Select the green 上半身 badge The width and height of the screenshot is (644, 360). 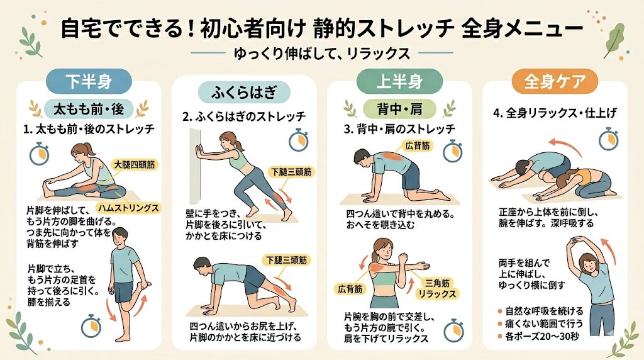pyautogui.click(x=391, y=81)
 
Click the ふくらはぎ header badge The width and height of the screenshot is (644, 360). pyautogui.click(x=244, y=93)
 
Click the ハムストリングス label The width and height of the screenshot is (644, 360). pyautogui.click(x=126, y=207)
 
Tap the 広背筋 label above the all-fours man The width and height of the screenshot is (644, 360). pyautogui.click(x=418, y=145)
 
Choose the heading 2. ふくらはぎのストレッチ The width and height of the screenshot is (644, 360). pyautogui.click(x=244, y=116)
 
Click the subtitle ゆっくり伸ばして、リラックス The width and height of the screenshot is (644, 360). pyautogui.click(x=321, y=53)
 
